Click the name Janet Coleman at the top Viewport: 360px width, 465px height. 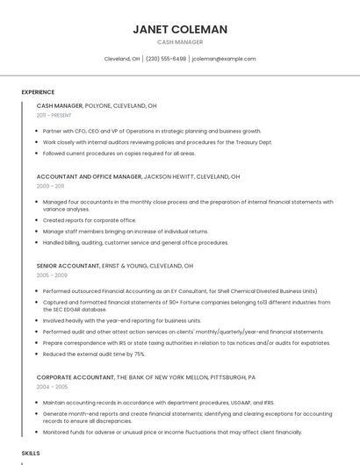(x=180, y=29)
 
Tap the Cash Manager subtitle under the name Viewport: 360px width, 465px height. (x=180, y=42)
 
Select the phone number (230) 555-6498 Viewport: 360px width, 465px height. (x=166, y=59)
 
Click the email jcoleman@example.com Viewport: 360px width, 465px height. (x=224, y=59)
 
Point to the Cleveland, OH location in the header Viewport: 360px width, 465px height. (x=122, y=59)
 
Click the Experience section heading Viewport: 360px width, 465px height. (x=38, y=92)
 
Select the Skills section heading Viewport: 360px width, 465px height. (x=31, y=453)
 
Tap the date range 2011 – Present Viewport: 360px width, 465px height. (x=54, y=115)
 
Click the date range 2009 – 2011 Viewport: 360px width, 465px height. (x=50, y=186)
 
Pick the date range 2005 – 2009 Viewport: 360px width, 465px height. (x=51, y=275)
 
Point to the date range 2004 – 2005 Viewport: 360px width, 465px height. (x=51, y=386)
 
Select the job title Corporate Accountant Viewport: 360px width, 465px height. (x=75, y=376)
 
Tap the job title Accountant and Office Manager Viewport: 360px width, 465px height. (x=89, y=176)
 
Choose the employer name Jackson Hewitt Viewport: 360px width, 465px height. (x=170, y=176)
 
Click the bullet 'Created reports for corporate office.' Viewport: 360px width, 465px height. (x=90, y=220)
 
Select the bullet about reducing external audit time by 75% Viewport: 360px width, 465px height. (x=94, y=354)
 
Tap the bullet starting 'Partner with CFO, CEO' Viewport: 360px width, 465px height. (x=152, y=131)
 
